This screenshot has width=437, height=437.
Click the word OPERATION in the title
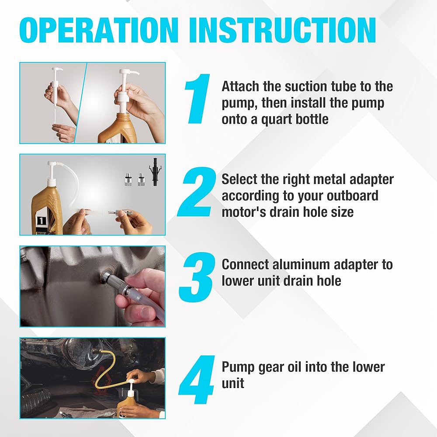pyautogui.click(x=99, y=30)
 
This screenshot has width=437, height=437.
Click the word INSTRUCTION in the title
pyautogui.click(x=283, y=30)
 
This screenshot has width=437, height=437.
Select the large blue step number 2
pyautogui.click(x=197, y=192)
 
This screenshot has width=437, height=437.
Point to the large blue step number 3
pyautogui.click(x=197, y=277)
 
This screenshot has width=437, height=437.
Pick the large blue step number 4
pyautogui.click(x=197, y=380)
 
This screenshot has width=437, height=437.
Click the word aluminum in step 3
pyautogui.click(x=301, y=264)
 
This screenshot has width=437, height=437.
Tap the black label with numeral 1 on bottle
pyautogui.click(x=41, y=221)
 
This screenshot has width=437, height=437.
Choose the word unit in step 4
pyautogui.click(x=233, y=384)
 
